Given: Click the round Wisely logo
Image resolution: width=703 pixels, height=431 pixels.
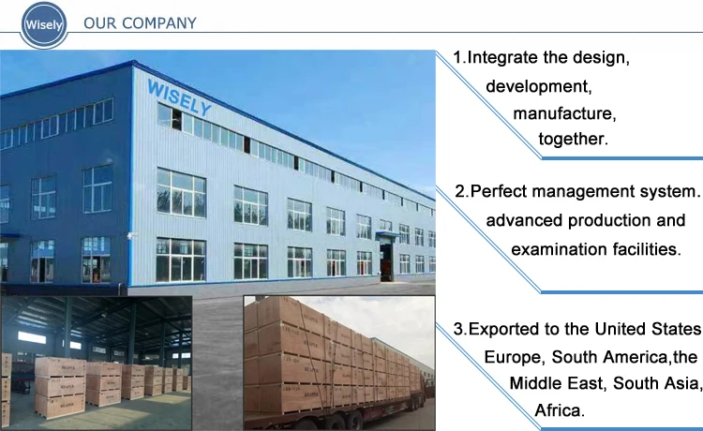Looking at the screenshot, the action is pyautogui.click(x=43, y=24).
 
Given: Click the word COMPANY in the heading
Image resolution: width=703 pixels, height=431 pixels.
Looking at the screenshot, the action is pyautogui.click(x=159, y=23).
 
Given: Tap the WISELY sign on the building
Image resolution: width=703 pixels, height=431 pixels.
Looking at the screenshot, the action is pyautogui.click(x=179, y=97).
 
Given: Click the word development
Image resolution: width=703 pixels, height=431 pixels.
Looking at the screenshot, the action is pyautogui.click(x=538, y=86).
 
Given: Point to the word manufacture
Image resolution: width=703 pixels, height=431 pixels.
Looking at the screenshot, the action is pyautogui.click(x=564, y=113).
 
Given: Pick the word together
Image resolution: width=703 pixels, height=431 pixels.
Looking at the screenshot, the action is pyautogui.click(x=573, y=140).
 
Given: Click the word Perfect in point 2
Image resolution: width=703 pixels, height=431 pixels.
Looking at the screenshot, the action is pyautogui.click(x=499, y=191).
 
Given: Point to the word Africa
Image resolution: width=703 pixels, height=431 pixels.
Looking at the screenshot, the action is pyautogui.click(x=560, y=410).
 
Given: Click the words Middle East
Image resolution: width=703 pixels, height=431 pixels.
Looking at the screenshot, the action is pyautogui.click(x=559, y=383).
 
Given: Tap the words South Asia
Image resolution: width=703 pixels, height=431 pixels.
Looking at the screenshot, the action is pyautogui.click(x=656, y=383).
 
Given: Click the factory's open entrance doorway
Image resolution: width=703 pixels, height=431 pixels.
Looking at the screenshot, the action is pyautogui.click(x=386, y=263).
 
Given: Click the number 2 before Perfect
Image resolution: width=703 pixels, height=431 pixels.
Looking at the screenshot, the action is pyautogui.click(x=459, y=192).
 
